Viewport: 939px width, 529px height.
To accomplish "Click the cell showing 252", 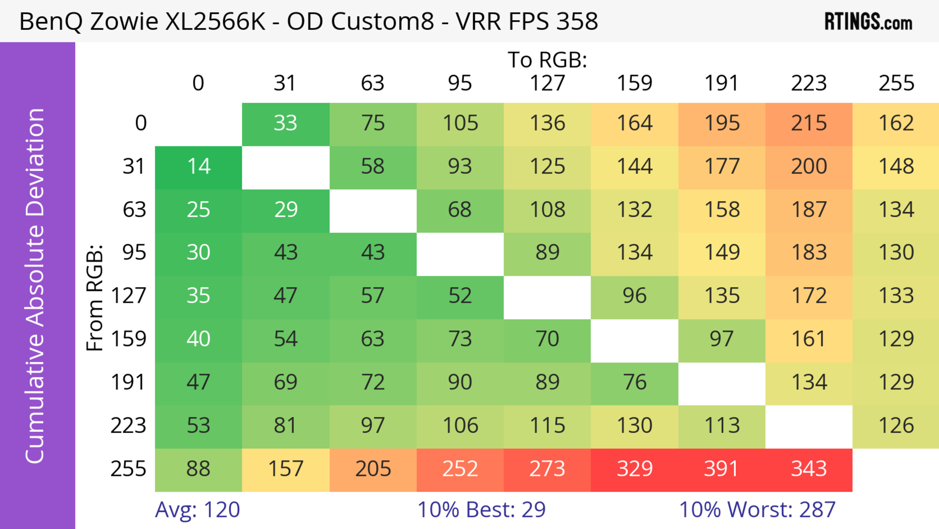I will pyautogui.click(x=460, y=470).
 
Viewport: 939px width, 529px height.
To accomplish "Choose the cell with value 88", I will pyautogui.click(x=198, y=470).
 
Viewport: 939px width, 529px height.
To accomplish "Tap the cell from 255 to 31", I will pyautogui.click(x=285, y=470).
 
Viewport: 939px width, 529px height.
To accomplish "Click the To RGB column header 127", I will pyautogui.click(x=547, y=83).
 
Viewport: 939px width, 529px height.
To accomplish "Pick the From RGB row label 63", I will pyautogui.click(x=134, y=210).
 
